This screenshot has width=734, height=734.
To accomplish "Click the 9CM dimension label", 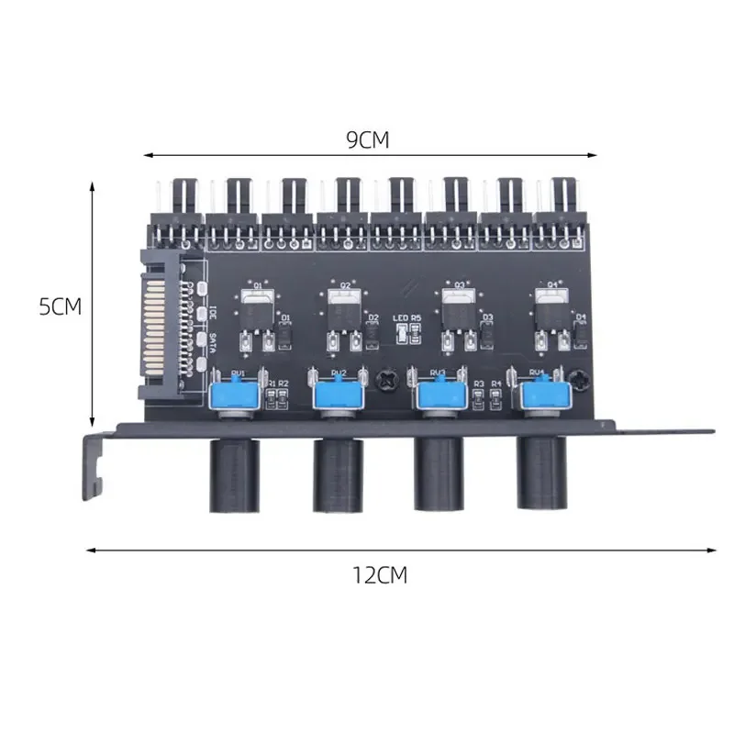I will pos(368,140).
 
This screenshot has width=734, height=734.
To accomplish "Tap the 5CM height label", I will pos(61,306).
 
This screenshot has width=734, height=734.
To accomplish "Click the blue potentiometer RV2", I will pos(337,394).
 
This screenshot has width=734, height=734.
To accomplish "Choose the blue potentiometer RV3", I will pos(438,395).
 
